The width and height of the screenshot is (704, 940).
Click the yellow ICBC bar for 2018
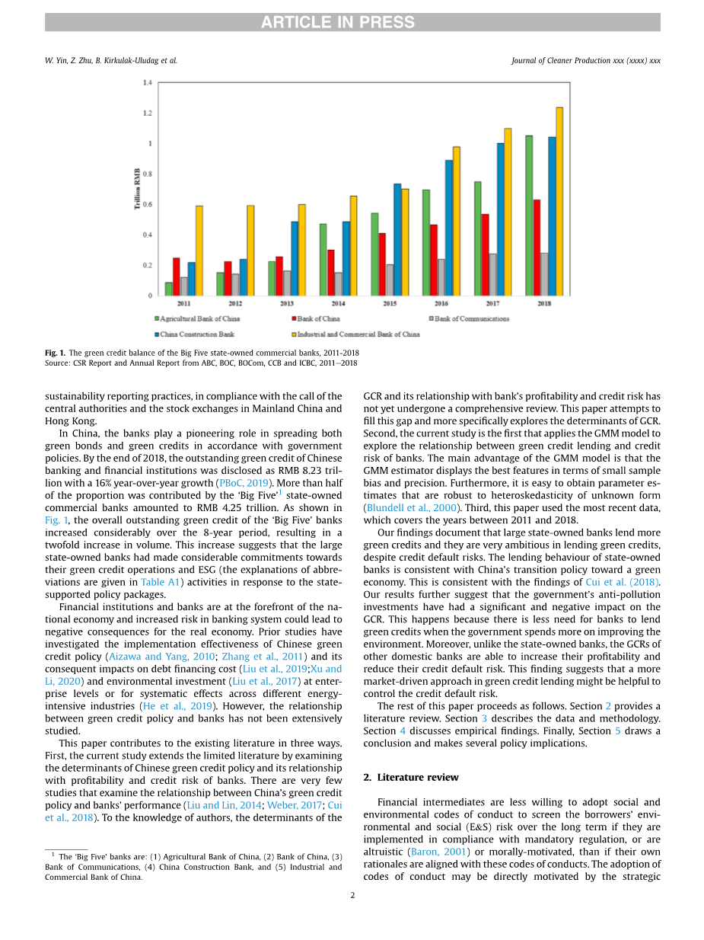(x=559, y=202)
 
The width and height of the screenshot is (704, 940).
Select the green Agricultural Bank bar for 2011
(x=169, y=289)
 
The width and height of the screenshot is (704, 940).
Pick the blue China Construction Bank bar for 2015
(x=397, y=239)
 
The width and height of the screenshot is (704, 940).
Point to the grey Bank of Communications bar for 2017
(x=493, y=274)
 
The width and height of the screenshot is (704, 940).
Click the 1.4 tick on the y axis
(x=147, y=82)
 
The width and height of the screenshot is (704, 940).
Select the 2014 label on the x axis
(x=338, y=303)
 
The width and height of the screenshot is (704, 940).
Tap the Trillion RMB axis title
(x=139, y=189)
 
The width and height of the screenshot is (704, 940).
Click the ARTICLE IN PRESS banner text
(x=338, y=23)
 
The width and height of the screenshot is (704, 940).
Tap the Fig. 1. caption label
(x=56, y=353)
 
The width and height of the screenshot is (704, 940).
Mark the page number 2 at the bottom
(x=352, y=896)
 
